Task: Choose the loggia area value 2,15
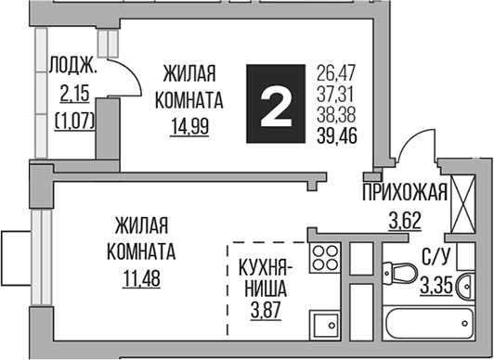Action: click(72, 93)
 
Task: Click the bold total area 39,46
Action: click(339, 139)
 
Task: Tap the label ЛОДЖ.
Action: click(71, 65)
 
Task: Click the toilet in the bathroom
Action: click(401, 275)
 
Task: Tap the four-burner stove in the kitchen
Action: click(327, 259)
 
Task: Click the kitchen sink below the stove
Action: click(326, 325)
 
